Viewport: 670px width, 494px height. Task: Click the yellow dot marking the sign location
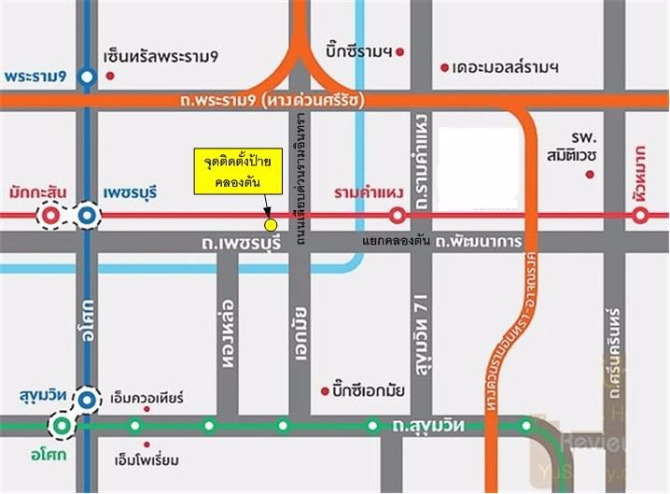click(271, 225)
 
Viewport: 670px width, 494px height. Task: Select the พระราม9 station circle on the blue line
click(87, 77)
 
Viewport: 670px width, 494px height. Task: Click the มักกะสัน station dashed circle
click(51, 217)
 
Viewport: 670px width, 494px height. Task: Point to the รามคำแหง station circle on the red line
click(397, 217)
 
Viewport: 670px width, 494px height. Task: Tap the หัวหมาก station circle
click(640, 217)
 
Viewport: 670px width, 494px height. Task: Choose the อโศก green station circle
click(62, 427)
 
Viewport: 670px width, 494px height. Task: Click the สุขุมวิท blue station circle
click(87, 400)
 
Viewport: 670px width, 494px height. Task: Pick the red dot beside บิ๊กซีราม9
click(400, 53)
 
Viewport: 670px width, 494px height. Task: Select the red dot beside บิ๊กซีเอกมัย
click(324, 389)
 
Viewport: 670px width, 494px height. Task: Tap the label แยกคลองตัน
click(395, 242)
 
